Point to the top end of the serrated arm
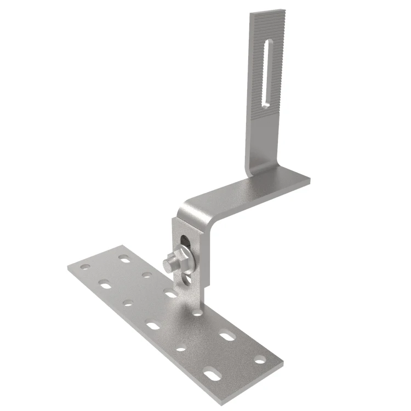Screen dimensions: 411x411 tap(269, 15)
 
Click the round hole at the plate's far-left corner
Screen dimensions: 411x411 tap(84, 267)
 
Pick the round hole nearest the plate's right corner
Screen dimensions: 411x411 tap(259, 360)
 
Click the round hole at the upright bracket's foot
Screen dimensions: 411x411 tap(197, 313)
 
